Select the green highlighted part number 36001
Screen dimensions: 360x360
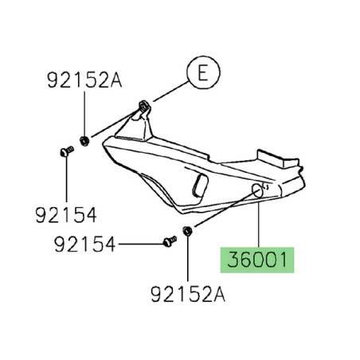[257, 260]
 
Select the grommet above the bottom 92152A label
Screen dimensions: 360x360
[186, 232]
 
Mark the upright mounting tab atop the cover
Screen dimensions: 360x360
[143, 114]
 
